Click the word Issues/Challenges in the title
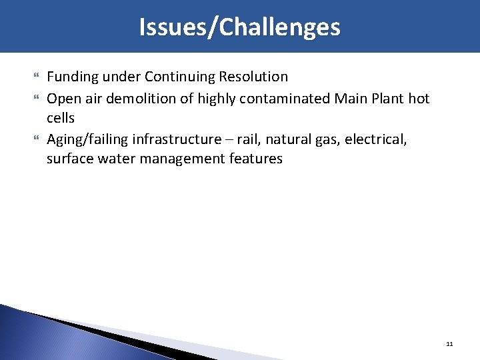(239, 27)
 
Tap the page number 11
(449, 344)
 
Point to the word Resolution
(257, 77)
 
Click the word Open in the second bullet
(62, 99)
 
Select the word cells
(61, 118)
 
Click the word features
(256, 159)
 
